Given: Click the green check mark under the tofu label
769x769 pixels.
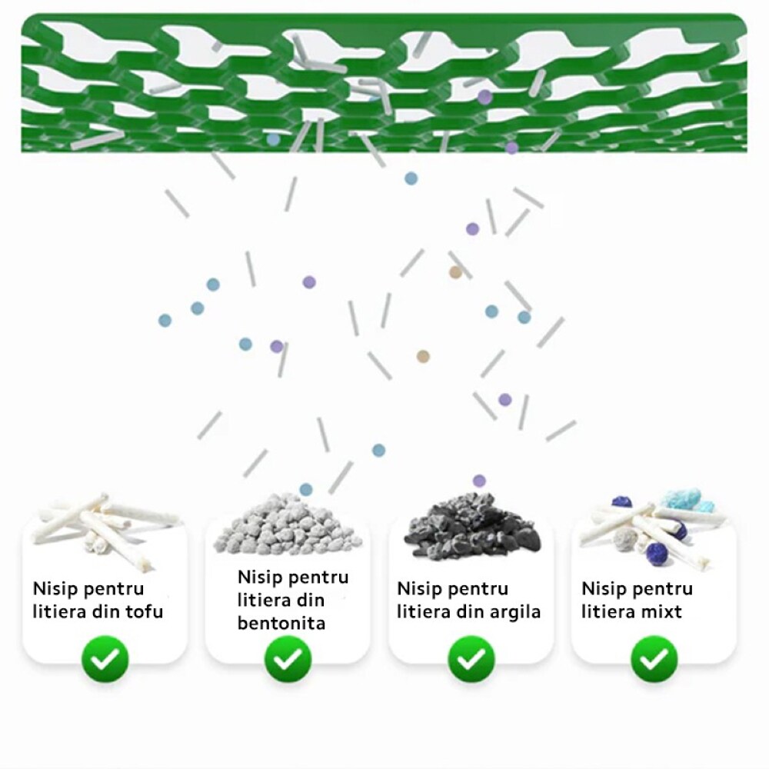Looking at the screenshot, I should pos(105,659).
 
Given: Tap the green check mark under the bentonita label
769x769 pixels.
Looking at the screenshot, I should pos(288,659).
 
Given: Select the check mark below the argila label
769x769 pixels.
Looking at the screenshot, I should pos(471,659).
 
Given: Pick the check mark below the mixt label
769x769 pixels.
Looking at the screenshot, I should pos(654,659).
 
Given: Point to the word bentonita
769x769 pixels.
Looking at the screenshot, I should pos(281,623).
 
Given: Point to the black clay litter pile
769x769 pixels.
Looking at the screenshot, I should pos(471,524).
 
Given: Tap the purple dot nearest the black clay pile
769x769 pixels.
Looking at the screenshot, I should pos(479,481).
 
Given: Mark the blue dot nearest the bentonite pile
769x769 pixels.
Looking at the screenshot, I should pos(306,489).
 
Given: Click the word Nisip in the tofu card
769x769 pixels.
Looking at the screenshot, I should pos(55,589).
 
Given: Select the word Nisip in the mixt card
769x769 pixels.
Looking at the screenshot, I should pos(604,589).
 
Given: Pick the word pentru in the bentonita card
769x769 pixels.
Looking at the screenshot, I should pos(317,578).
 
